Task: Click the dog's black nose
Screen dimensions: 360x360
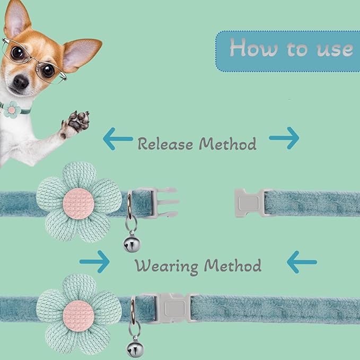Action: click(x=21, y=82)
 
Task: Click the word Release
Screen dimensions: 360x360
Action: click(x=165, y=144)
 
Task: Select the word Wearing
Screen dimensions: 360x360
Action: click(x=166, y=266)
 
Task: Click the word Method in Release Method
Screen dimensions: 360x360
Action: click(x=228, y=144)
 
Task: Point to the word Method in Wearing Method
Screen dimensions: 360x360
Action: click(x=233, y=266)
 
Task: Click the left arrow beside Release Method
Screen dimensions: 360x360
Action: click(x=118, y=139)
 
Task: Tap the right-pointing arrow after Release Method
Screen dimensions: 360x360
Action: click(x=284, y=138)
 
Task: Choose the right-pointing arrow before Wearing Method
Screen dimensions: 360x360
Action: click(x=94, y=262)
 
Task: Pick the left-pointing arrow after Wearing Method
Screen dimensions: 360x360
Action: click(x=302, y=262)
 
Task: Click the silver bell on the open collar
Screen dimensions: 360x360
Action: click(x=132, y=244)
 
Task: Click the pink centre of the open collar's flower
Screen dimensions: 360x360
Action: click(x=78, y=204)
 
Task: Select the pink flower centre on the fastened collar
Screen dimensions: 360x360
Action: click(x=78, y=316)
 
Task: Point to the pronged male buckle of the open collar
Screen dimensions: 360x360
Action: click(x=161, y=202)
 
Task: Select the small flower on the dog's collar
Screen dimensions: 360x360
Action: click(x=12, y=110)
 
